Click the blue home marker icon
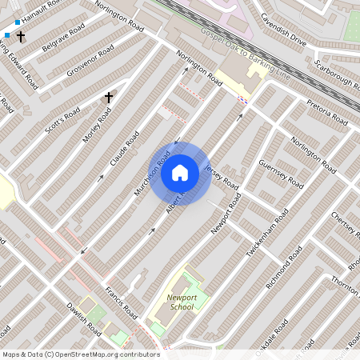[180, 173]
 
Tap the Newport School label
[182, 302]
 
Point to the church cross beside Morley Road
[108, 98]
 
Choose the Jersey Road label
[222, 177]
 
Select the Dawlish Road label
[82, 318]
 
